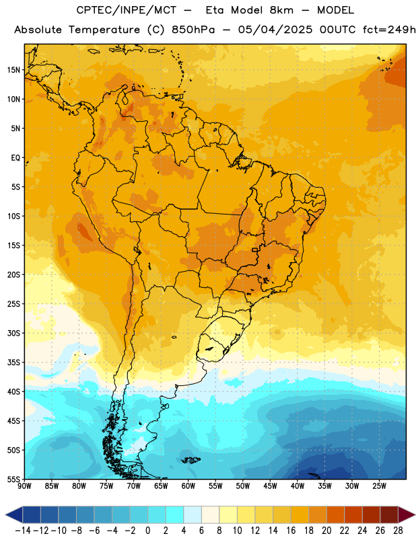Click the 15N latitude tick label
tap(13, 70)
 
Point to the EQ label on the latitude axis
tap(15, 158)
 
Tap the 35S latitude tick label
tap(13, 362)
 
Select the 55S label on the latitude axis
tap(13, 479)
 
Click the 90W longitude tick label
tap(24, 486)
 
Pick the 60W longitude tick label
tap(188, 486)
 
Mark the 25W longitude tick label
tap(379, 486)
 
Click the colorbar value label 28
tap(398, 531)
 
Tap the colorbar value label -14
tap(23, 531)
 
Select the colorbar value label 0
tap(147, 531)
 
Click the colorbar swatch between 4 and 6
tap(193, 514)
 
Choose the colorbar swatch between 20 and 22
tap(335, 514)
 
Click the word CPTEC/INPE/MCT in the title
tap(127, 10)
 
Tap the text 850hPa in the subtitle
tap(193, 30)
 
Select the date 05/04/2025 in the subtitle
tap(275, 30)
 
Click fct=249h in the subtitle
tap(389, 30)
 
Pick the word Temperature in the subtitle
tap(104, 30)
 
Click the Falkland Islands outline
tap(190, 460)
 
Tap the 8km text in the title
tap(281, 10)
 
